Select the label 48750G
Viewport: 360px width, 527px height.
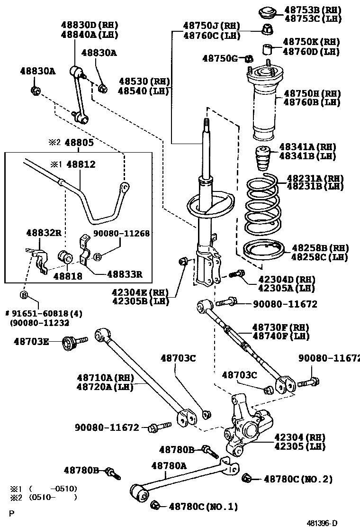pyautogui.click(x=220, y=58)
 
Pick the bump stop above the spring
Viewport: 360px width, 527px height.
pyautogui.click(x=260, y=161)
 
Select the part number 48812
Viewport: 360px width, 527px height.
pyautogui.click(x=81, y=164)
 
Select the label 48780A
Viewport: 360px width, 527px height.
pyautogui.click(x=169, y=466)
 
